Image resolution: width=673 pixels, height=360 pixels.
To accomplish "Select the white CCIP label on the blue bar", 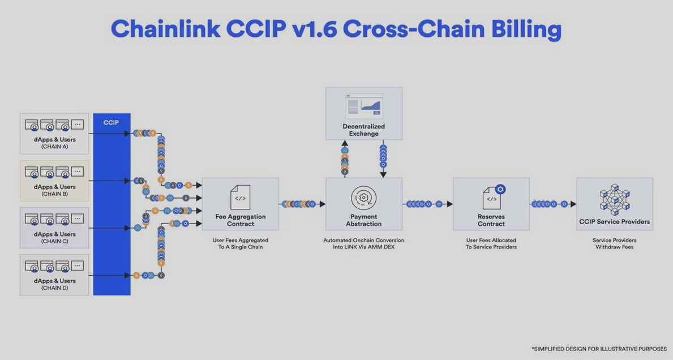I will click(x=112, y=122).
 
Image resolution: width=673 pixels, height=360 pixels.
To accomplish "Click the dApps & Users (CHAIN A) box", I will click(x=54, y=134).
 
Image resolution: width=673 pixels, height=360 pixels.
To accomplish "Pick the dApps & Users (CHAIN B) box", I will click(x=54, y=181).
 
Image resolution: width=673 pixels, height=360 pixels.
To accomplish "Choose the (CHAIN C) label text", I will click(x=54, y=241).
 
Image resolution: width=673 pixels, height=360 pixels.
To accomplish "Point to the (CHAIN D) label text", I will click(x=54, y=288).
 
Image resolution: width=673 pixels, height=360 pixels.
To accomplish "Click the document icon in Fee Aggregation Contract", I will click(x=240, y=197).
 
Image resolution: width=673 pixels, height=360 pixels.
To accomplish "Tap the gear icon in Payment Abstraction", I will click(x=363, y=197).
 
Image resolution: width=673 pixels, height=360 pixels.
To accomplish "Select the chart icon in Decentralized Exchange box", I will click(x=364, y=106).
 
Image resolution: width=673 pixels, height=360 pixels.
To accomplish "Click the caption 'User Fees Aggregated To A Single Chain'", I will click(x=240, y=243).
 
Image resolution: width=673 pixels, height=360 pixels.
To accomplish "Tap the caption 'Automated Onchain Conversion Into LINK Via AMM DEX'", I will click(x=363, y=243).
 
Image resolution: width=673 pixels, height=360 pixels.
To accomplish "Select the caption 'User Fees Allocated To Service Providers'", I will click(x=491, y=243).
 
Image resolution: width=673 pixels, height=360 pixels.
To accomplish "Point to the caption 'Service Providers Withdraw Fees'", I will click(x=614, y=243).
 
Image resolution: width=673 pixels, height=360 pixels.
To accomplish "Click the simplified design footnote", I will click(x=599, y=349).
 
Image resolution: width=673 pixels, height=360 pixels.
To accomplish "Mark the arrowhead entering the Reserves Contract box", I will click(x=449, y=204).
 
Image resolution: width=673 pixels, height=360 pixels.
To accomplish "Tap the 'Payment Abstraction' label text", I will click(x=363, y=220).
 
